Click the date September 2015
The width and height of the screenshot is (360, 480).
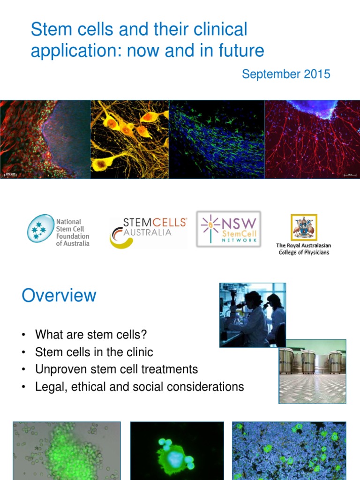(286, 74)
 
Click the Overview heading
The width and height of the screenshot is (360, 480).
(59, 296)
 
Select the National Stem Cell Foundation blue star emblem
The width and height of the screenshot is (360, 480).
(40, 228)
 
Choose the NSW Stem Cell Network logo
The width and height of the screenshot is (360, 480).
(228, 228)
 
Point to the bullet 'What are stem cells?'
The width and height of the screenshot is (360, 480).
(91, 335)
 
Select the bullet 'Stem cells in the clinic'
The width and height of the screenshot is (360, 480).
(94, 352)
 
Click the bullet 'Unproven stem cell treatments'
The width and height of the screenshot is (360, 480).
(116, 369)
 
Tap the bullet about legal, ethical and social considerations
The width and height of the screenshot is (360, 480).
(139, 387)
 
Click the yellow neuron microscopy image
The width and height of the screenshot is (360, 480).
(129, 139)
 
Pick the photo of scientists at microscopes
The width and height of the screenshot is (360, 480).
(252, 315)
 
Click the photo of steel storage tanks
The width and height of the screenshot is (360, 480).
(312, 371)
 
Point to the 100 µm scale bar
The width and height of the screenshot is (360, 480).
(10, 174)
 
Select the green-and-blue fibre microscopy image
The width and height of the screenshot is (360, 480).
(217, 139)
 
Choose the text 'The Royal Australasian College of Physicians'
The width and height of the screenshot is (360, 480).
(303, 249)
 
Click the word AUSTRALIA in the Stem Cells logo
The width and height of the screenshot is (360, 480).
(148, 232)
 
